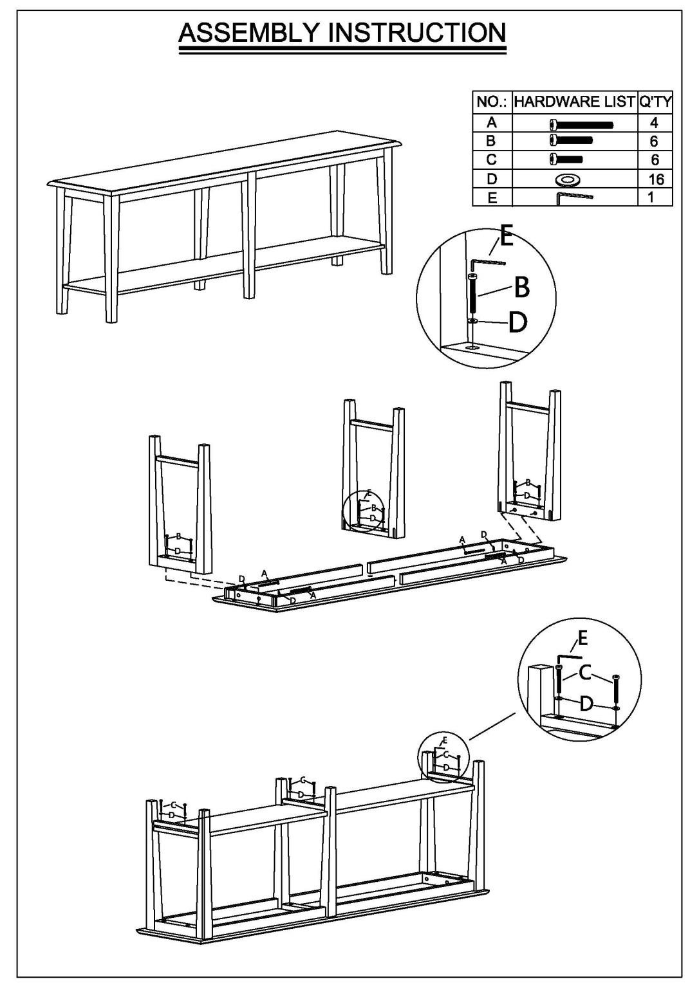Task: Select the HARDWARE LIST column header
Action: click(574, 102)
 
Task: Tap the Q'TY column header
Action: click(655, 102)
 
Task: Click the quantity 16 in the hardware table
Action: click(655, 179)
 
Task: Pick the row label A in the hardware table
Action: click(492, 122)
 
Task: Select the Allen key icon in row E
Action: click(574, 197)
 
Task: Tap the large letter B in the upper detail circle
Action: click(522, 288)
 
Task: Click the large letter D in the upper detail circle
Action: click(517, 322)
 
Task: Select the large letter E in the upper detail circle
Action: click(507, 239)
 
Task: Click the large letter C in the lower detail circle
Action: click(584, 673)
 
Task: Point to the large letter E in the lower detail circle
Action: click(582, 638)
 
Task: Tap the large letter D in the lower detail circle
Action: click(586, 704)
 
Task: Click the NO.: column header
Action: click(492, 102)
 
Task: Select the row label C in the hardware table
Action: click(492, 160)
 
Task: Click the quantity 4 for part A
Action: click(654, 122)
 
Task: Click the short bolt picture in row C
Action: click(566, 159)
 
